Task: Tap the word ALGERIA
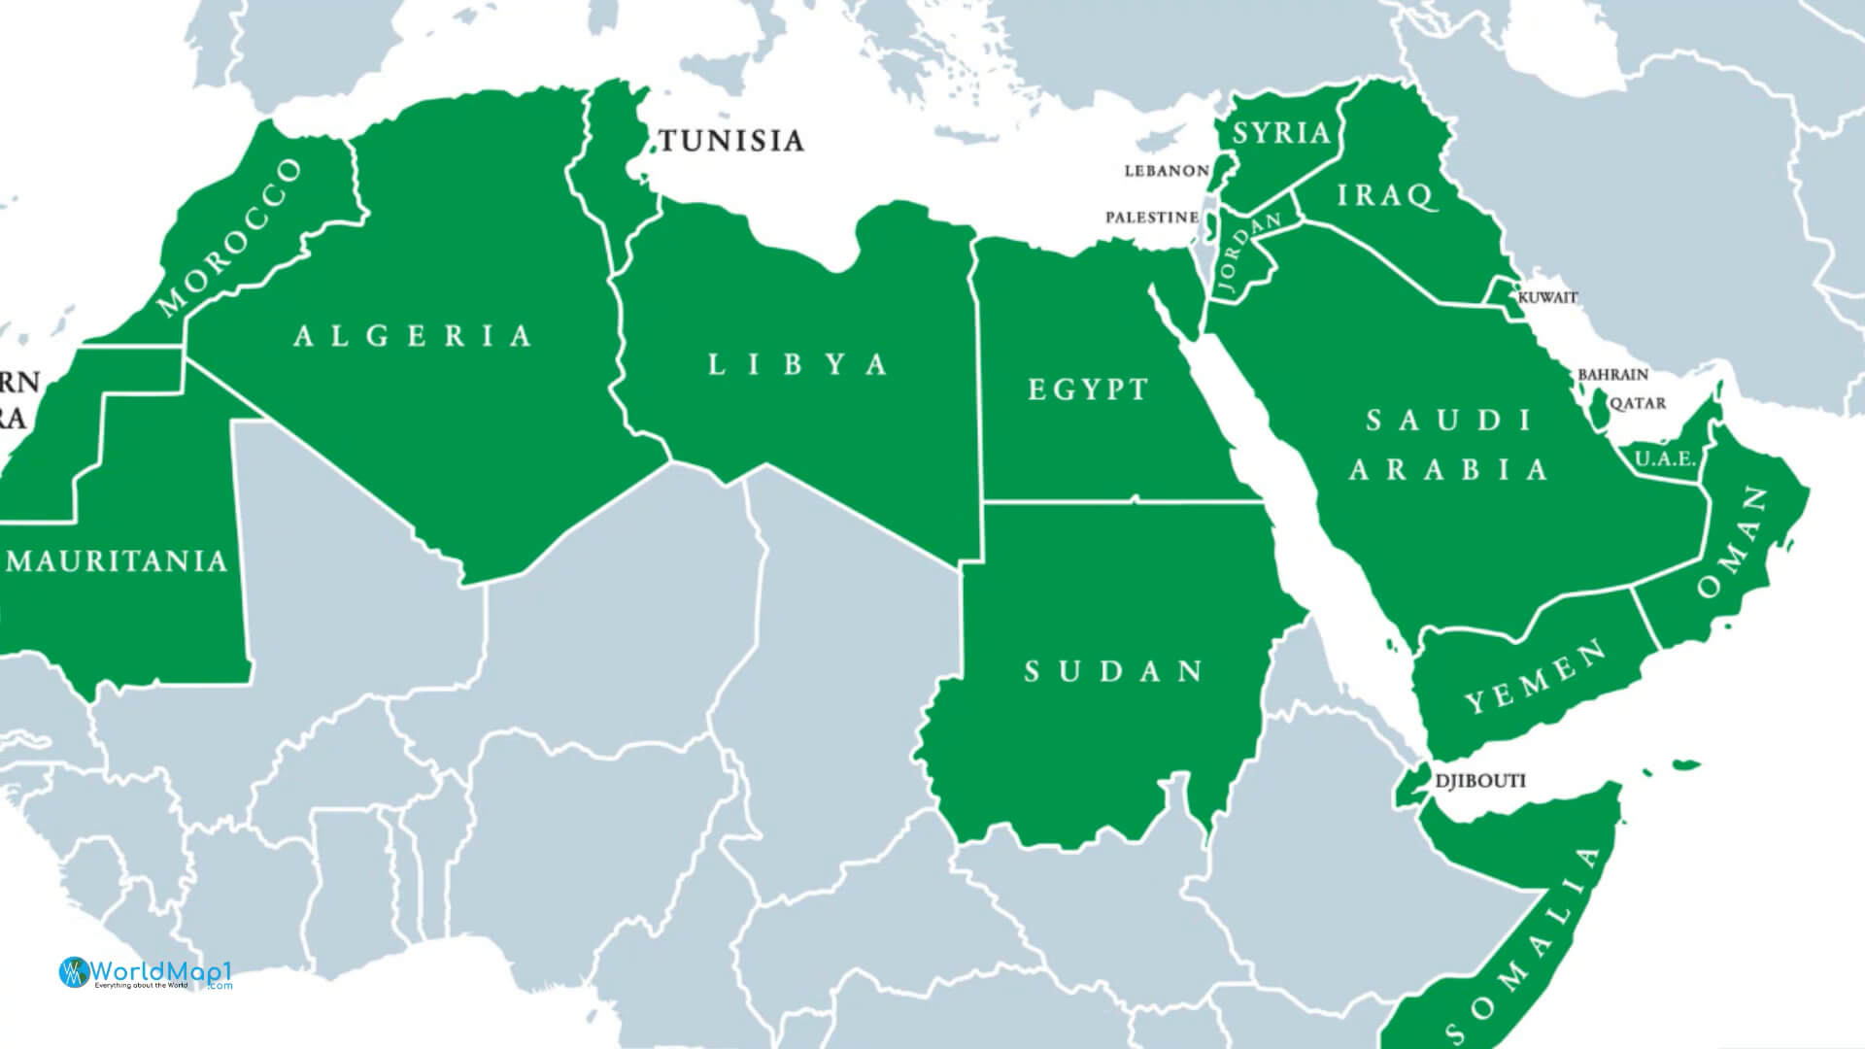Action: tap(414, 336)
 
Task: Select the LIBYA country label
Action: tap(798, 365)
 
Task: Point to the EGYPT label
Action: tap(1088, 390)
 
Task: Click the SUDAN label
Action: tap(1115, 671)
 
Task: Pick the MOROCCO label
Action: tap(230, 238)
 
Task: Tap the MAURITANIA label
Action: tap(117, 561)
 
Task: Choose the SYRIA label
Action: tap(1281, 134)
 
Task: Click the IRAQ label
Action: tap(1385, 196)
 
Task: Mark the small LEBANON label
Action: tap(1167, 171)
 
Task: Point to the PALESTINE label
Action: tap(1152, 218)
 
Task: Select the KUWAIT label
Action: tap(1547, 297)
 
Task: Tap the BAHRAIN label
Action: tap(1612, 374)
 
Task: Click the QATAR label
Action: tap(1638, 403)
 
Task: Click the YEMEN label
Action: tap(1535, 678)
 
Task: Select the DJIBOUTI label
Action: tap(1480, 781)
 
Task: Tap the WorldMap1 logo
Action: tap(146, 972)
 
